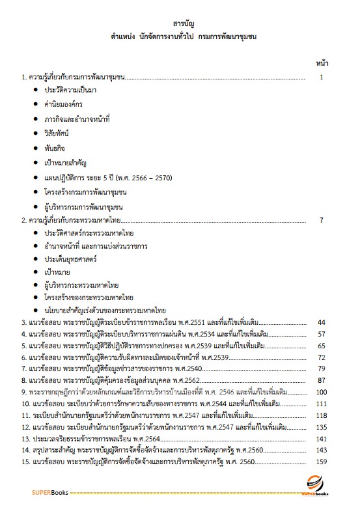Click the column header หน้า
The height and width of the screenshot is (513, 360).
(x=321, y=63)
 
